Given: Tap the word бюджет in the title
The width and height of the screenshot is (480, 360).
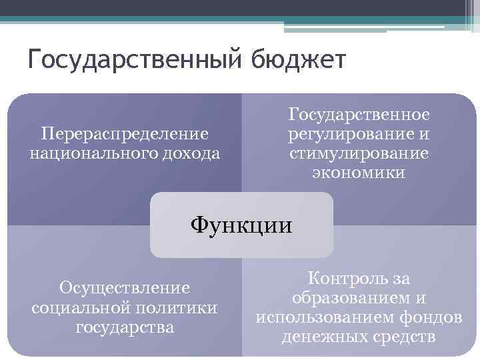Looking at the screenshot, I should pyautogui.click(x=299, y=61).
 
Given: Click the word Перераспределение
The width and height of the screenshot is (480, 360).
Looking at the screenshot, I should pyautogui.click(x=125, y=134).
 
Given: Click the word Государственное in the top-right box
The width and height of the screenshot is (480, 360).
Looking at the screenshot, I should pyautogui.click(x=359, y=115).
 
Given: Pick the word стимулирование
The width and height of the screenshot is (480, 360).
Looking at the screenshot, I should pyautogui.click(x=359, y=153).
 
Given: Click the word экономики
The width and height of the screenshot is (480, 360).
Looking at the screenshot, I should pyautogui.click(x=359, y=173).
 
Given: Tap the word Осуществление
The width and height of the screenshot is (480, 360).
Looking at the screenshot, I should pyautogui.click(x=125, y=288).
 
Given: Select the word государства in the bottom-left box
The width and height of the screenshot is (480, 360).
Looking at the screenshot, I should pyautogui.click(x=125, y=327).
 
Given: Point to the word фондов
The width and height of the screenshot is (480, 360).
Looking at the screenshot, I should pyautogui.click(x=433, y=318).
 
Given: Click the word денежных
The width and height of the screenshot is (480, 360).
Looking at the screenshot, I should pyautogui.click(x=322, y=337).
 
